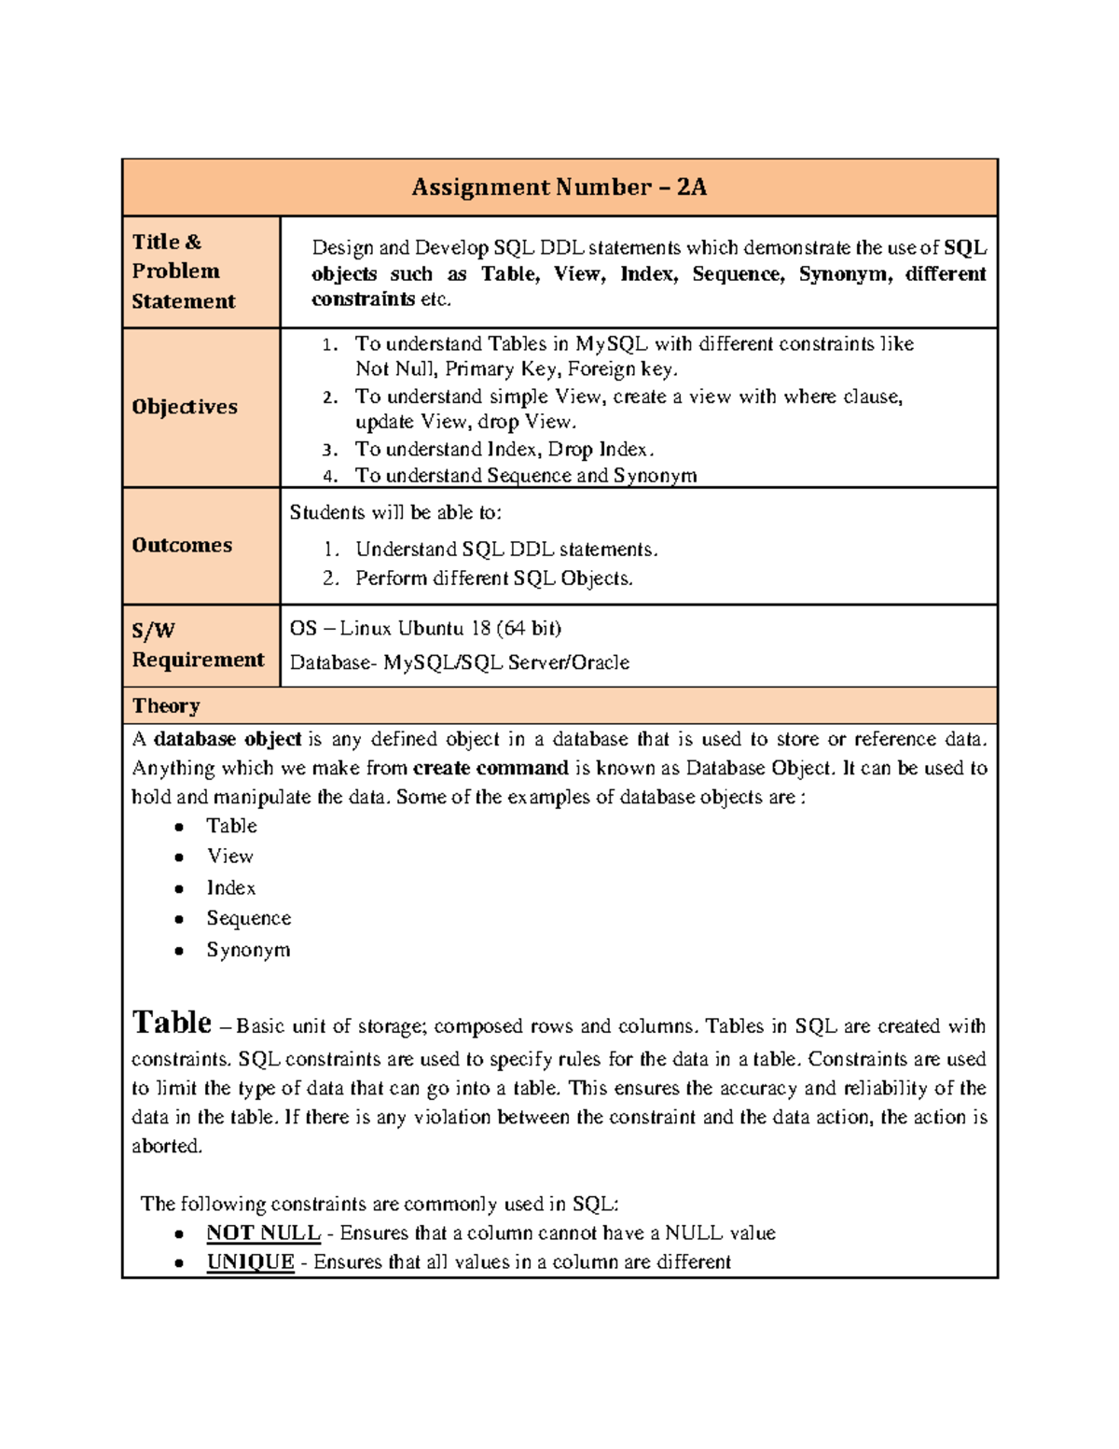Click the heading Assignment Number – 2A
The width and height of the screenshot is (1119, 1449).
tap(559, 188)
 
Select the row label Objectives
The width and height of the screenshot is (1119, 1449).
tap(185, 407)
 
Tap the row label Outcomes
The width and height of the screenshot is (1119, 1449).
tap(182, 545)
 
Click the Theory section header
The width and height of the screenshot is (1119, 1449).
tap(166, 706)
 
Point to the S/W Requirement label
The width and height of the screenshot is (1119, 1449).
tap(198, 645)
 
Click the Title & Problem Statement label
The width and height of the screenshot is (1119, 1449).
tap(184, 272)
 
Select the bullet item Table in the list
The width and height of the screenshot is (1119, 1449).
tap(231, 826)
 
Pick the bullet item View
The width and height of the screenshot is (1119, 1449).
tap(229, 857)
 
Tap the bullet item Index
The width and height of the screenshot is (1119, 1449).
tap(230, 888)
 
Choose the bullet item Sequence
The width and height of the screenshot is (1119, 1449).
tap(248, 919)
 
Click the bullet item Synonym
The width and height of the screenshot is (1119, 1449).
tap(248, 950)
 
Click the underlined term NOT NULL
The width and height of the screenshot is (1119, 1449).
tap(263, 1233)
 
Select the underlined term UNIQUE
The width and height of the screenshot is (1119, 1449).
tap(250, 1262)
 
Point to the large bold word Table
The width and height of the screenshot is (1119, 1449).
tap(172, 1023)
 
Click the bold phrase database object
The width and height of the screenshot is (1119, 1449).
tap(227, 740)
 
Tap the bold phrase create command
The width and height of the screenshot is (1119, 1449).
tap(490, 769)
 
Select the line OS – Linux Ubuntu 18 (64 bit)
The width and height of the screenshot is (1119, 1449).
tap(425, 628)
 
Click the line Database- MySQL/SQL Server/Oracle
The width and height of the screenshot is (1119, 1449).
tap(459, 662)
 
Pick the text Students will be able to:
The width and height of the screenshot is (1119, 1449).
tap(395, 512)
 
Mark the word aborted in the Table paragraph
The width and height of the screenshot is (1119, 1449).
tap(166, 1147)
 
